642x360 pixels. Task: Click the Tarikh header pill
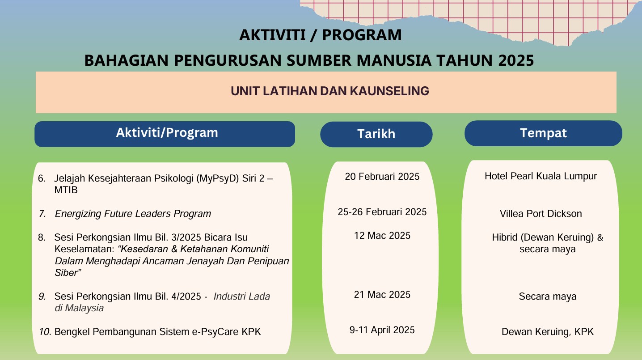click(376, 134)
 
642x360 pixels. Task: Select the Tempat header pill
click(543, 133)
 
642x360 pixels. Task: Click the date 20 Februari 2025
click(382, 177)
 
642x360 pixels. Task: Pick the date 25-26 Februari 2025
click(382, 212)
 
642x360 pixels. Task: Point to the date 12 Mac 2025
click(382, 236)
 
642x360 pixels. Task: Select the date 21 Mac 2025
click(382, 295)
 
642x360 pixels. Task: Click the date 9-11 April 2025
click(382, 330)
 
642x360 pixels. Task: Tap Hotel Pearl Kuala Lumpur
click(541, 176)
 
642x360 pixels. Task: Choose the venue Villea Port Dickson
click(541, 214)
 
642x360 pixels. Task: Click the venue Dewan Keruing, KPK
click(547, 332)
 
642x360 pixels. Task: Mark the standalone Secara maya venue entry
click(547, 296)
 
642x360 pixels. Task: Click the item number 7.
click(42, 214)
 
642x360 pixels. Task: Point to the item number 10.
click(45, 332)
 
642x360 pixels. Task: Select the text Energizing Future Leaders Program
click(133, 214)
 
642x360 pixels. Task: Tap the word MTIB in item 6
click(66, 190)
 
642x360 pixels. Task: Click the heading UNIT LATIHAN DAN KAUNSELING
click(329, 91)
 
